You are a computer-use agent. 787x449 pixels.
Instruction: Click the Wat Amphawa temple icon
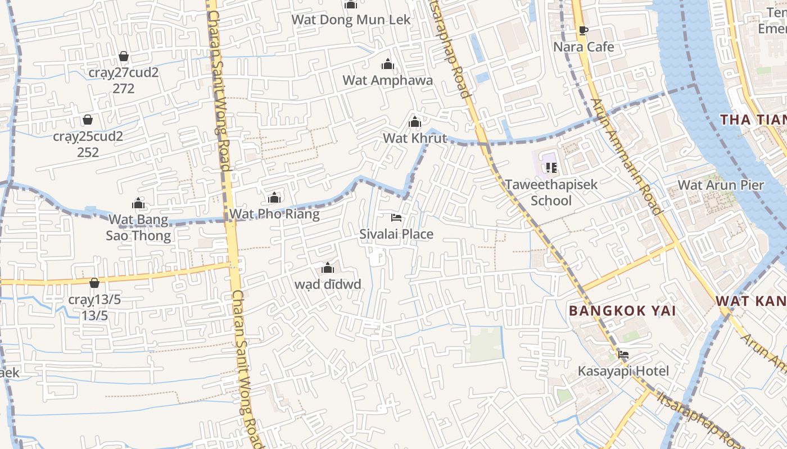(387, 64)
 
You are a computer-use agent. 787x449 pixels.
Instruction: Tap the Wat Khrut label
(415, 138)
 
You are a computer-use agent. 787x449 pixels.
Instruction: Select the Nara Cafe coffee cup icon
(583, 30)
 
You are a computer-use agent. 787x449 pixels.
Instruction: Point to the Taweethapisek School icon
(551, 167)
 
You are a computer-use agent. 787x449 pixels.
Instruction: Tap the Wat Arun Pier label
(721, 185)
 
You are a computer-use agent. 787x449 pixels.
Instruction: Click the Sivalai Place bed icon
(396, 217)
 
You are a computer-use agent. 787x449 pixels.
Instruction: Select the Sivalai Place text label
(396, 234)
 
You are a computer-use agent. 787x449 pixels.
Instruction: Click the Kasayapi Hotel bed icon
(623, 354)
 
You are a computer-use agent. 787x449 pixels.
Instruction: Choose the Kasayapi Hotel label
(623, 371)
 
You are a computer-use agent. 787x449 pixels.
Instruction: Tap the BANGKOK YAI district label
(622, 310)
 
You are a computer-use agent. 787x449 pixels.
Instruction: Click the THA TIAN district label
(753, 120)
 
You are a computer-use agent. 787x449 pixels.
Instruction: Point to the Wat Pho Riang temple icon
(274, 198)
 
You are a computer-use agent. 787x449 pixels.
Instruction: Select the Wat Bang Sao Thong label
(138, 227)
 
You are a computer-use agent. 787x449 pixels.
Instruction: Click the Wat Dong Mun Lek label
(351, 20)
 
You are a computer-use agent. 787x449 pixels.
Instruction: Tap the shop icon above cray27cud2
(124, 56)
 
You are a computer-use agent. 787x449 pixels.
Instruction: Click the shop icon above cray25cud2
(88, 120)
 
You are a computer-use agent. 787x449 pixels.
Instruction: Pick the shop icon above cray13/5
(94, 282)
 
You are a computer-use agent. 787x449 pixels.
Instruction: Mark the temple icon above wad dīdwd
(328, 268)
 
